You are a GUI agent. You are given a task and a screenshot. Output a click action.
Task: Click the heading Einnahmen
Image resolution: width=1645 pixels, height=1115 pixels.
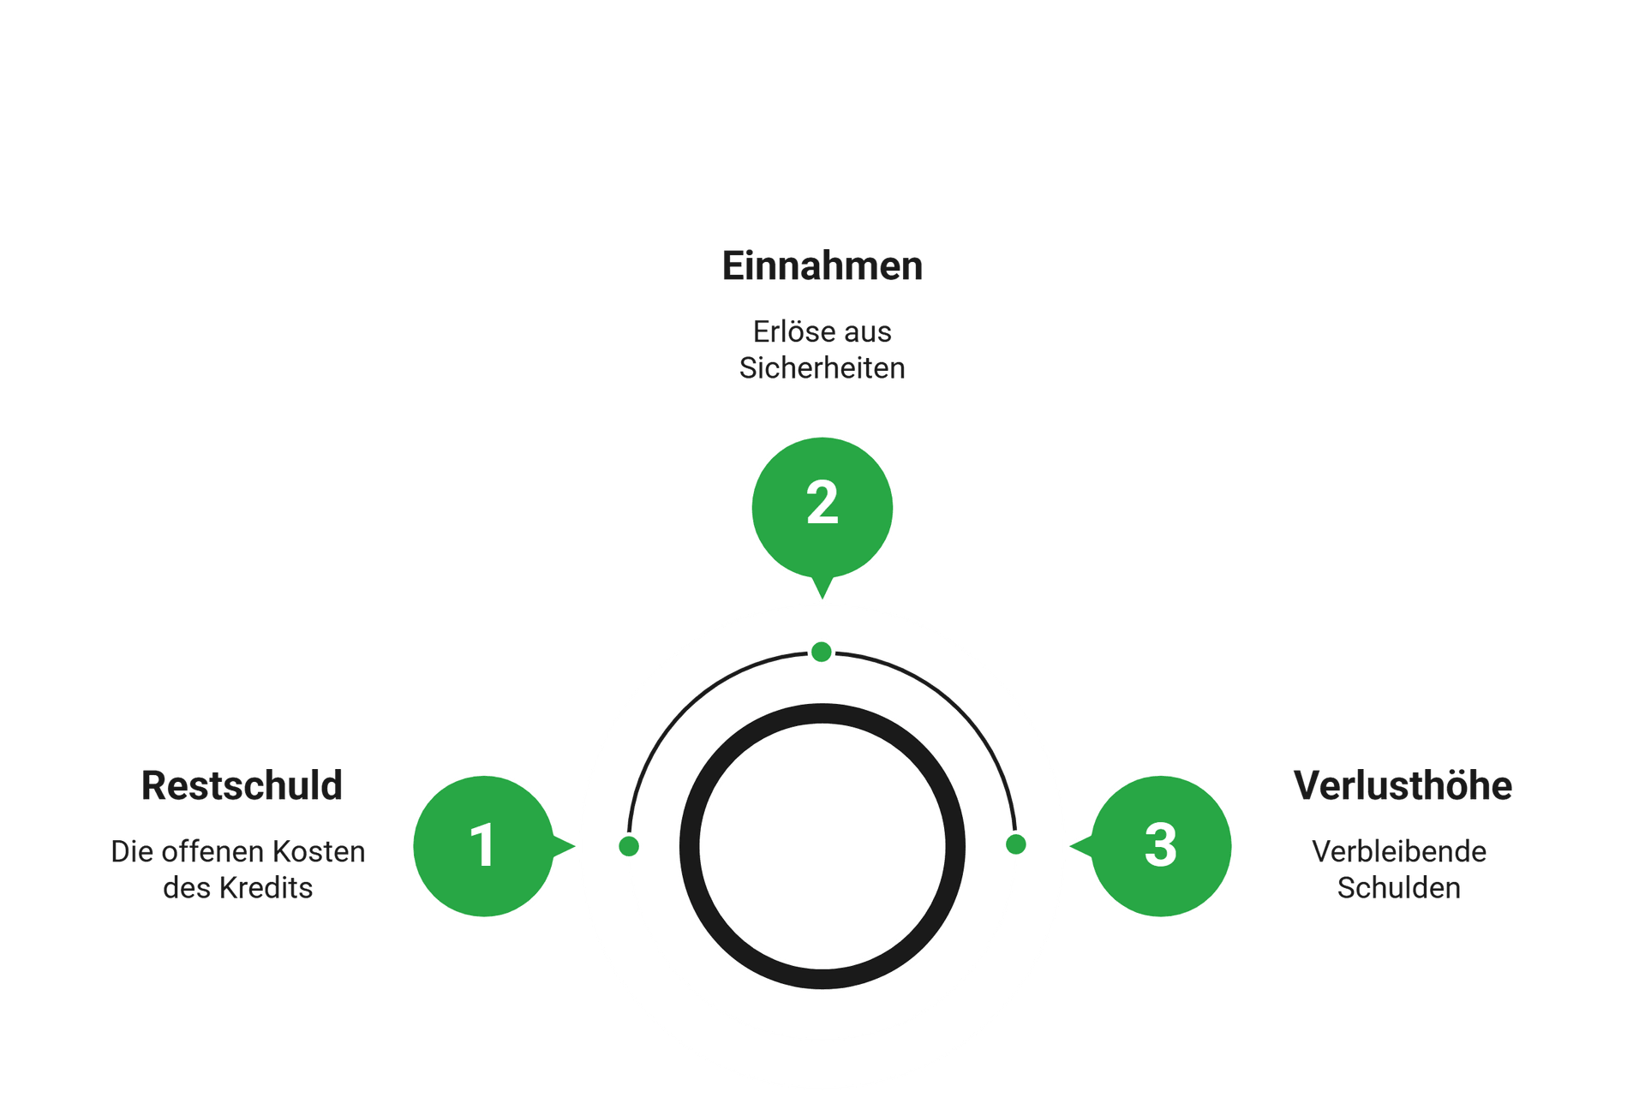(822, 265)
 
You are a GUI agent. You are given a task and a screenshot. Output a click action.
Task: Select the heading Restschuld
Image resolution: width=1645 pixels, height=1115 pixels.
(242, 785)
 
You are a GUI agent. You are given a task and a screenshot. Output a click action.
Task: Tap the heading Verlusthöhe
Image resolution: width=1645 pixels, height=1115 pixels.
(1403, 785)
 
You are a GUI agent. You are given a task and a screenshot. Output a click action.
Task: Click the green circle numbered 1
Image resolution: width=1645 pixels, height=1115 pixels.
(484, 846)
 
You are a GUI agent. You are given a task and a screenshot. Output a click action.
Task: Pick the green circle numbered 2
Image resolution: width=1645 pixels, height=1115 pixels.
(822, 508)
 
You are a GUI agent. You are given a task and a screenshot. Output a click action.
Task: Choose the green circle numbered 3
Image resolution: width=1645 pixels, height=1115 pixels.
(1161, 846)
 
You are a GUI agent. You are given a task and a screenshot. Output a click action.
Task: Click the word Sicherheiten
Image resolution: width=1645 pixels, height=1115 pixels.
(822, 368)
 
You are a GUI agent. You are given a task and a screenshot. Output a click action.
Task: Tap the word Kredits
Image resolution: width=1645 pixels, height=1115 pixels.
(266, 888)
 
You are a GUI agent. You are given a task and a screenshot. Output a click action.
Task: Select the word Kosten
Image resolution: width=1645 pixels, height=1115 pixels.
(319, 851)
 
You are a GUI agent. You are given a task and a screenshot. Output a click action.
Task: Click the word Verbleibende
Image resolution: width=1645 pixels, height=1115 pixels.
(1399, 851)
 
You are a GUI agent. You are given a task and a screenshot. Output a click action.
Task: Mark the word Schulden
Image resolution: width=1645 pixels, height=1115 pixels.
(1399, 888)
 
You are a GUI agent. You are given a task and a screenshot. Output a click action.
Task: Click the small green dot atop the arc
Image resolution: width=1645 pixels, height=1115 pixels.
(822, 653)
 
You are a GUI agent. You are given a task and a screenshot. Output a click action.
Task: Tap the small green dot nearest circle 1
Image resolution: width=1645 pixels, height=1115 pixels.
(629, 846)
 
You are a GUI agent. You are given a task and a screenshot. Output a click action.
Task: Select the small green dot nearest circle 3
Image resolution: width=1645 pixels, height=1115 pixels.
(1016, 844)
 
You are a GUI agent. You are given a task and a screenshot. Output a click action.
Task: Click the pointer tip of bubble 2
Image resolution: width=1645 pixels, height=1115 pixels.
(822, 599)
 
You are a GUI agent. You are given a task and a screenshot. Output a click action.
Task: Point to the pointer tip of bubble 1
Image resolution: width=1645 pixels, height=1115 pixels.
(575, 846)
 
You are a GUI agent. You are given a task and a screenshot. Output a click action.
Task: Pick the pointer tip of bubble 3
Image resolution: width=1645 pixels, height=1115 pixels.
(1070, 846)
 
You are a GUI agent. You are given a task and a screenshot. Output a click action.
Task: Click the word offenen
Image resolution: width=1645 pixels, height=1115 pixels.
(213, 851)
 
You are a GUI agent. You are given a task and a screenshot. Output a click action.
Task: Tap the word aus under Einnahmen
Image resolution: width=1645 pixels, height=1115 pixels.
(867, 331)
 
